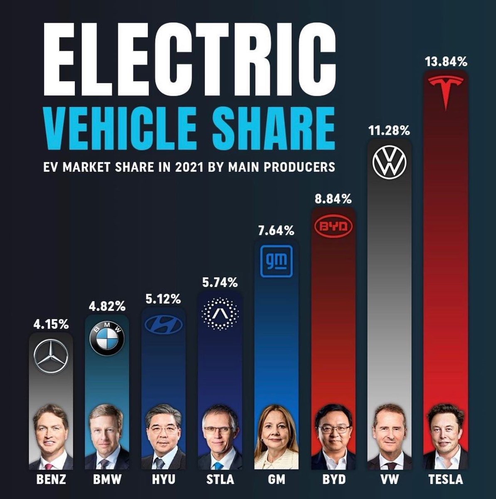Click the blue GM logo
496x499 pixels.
coord(276,261)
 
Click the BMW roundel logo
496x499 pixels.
coord(107,339)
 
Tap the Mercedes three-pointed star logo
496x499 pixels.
coord(51,357)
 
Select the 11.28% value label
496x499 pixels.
coord(389,131)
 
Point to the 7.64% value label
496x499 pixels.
coord(276,231)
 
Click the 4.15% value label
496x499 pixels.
coord(51,324)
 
